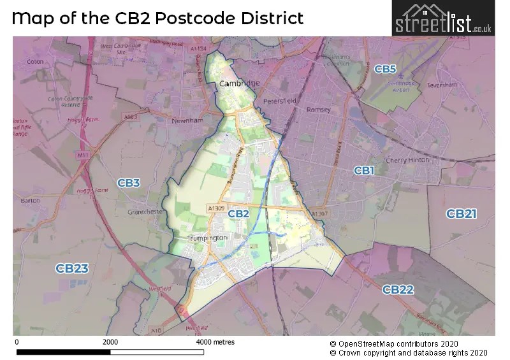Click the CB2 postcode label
point(238,213)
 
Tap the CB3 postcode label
point(128,184)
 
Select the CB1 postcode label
point(363,170)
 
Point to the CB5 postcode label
point(385,69)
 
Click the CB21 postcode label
point(461,213)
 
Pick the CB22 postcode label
point(398,290)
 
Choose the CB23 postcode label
point(71,268)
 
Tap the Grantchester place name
point(146,212)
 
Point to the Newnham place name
point(187,120)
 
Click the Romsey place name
point(318,110)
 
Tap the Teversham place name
point(443,85)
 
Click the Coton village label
point(36,62)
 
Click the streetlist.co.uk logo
point(443,18)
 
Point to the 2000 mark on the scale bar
point(110,342)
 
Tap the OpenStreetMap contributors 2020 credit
point(409,343)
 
